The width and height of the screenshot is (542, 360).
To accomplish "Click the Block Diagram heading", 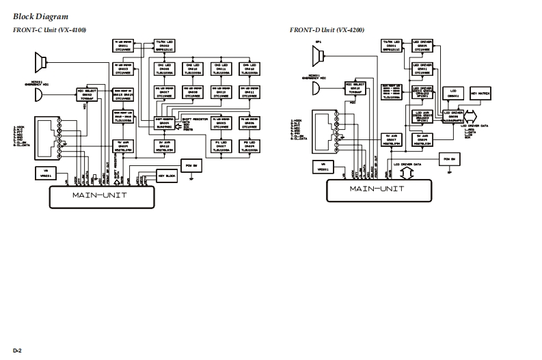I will (40, 16).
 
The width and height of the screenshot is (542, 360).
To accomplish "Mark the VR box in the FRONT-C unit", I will (46, 172).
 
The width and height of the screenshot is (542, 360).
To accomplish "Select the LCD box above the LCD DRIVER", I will (450, 93).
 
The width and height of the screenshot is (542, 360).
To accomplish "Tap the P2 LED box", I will (248, 145).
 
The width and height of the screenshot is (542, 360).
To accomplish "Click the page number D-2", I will (17, 350).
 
